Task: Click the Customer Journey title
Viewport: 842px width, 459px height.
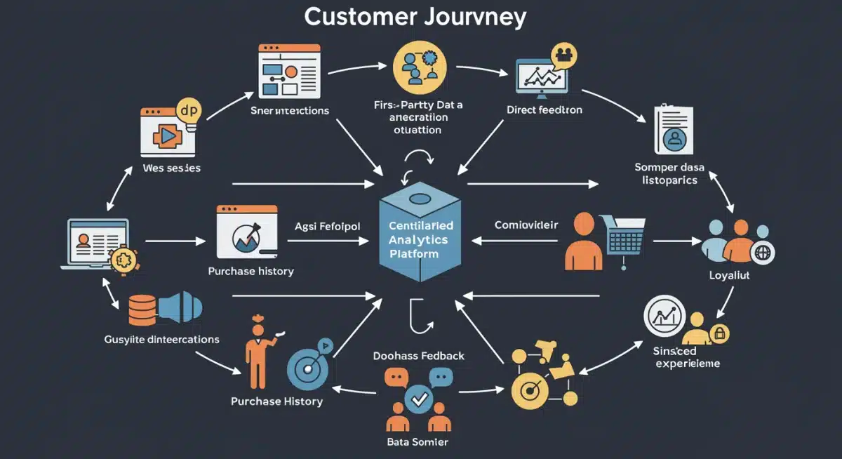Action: pyautogui.click(x=415, y=17)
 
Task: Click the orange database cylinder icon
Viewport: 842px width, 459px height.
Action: pyautogui.click(x=143, y=308)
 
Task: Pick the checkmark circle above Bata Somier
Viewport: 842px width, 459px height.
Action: pyautogui.click(x=419, y=399)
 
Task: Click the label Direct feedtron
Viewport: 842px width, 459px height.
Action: pyautogui.click(x=544, y=110)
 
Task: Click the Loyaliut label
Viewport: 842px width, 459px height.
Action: pyautogui.click(x=730, y=276)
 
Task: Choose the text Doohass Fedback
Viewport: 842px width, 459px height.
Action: pyautogui.click(x=419, y=356)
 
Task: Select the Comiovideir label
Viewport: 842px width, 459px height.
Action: pyautogui.click(x=526, y=225)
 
